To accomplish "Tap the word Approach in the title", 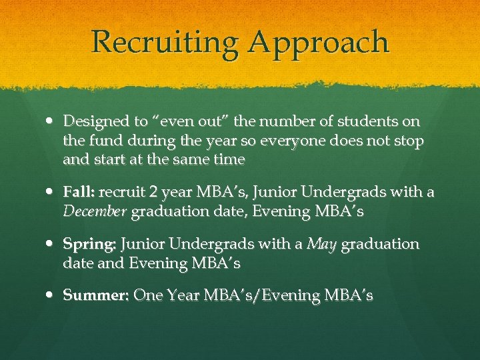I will (319, 43).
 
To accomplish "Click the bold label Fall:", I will (80, 193).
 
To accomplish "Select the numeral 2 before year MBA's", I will (153, 193).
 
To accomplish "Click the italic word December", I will (95, 212).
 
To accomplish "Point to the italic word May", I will (323, 244).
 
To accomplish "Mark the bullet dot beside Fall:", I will (51, 193).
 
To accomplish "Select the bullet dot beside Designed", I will (51, 122).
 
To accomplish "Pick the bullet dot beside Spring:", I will (51, 245).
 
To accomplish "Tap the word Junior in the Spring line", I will (143, 244).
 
